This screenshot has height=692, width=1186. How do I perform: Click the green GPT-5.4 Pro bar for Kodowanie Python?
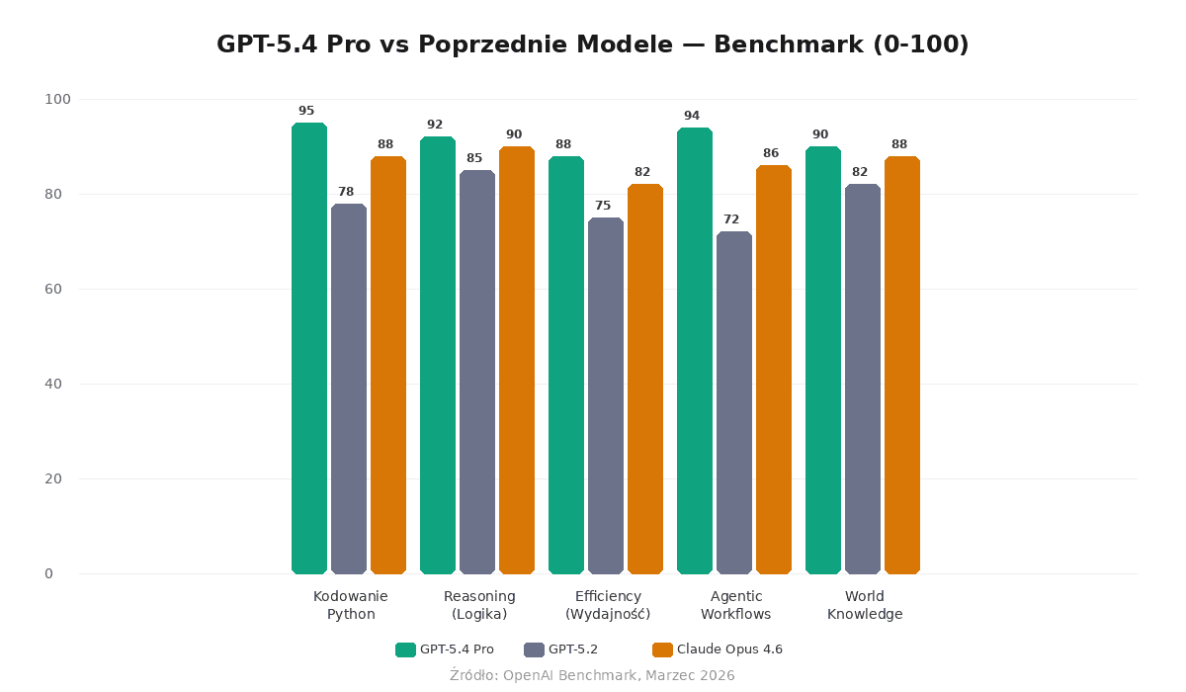click(x=309, y=348)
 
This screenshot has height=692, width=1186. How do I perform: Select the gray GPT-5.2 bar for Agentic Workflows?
click(x=734, y=402)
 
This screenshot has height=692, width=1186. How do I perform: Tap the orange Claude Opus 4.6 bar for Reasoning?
click(x=517, y=360)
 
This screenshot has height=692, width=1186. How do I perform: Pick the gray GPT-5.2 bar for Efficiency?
click(x=606, y=395)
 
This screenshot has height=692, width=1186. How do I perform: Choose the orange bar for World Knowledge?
click(x=902, y=365)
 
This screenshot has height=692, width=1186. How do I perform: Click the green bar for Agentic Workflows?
click(x=695, y=351)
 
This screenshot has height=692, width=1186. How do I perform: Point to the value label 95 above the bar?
click(x=306, y=111)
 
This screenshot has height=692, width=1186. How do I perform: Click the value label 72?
click(x=731, y=219)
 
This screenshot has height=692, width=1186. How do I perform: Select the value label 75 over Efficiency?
click(x=603, y=206)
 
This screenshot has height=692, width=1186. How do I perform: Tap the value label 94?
click(x=692, y=116)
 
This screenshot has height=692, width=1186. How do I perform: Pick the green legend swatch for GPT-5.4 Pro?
click(x=405, y=649)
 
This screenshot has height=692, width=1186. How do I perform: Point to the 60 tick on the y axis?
click(x=53, y=289)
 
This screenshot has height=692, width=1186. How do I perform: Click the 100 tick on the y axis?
click(x=57, y=99)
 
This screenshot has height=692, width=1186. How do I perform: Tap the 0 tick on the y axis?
click(x=48, y=573)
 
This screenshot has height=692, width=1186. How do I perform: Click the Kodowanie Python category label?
click(x=351, y=605)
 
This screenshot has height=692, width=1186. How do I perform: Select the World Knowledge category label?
click(x=865, y=605)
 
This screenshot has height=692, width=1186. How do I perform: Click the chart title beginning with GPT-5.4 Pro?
click(x=593, y=44)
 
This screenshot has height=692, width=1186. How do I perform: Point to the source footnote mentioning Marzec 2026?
click(x=593, y=675)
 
